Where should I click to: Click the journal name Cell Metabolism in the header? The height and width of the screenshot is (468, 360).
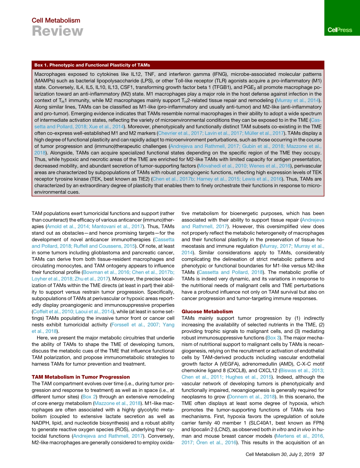click(x=56, y=20)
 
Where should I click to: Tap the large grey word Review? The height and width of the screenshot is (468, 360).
click(x=57, y=31)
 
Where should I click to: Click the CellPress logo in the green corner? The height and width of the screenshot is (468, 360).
click(x=340, y=30)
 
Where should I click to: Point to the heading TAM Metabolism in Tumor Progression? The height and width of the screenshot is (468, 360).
click(x=81, y=377)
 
